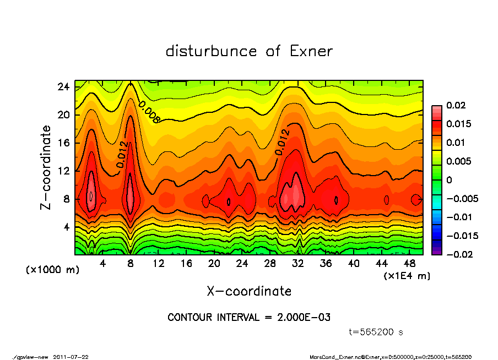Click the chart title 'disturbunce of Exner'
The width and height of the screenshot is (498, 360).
tap(249, 51)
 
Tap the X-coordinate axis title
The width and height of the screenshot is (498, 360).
tap(249, 291)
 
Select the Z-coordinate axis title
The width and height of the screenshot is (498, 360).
tap(46, 167)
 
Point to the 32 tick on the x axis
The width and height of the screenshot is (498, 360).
tap(298, 263)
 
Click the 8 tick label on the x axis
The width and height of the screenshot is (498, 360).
tap(131, 263)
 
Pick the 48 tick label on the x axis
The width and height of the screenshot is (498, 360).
tap(409, 263)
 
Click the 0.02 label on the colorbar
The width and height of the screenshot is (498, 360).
tap(456, 105)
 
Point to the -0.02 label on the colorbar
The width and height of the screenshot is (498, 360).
tap(459, 254)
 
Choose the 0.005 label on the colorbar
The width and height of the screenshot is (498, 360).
tap(458, 161)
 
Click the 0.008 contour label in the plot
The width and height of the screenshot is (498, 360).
tap(149, 112)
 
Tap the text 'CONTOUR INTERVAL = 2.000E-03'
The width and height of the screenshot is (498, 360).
tap(249, 318)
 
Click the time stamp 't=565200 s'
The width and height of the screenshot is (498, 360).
tap(376, 332)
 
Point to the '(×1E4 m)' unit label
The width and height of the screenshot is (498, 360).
tap(407, 275)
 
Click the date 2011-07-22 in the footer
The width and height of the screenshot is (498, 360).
tap(71, 357)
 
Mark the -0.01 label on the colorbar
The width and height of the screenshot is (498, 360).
tap(459, 217)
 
